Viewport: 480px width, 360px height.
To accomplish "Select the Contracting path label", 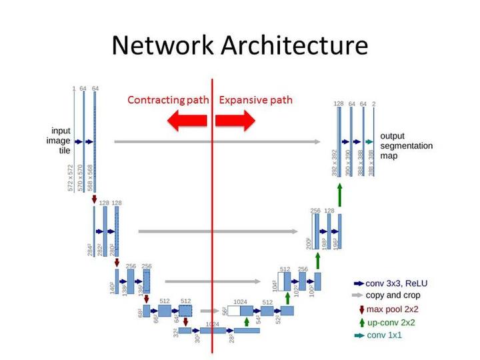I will click(x=168, y=100).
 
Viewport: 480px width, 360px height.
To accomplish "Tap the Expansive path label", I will click(x=255, y=100).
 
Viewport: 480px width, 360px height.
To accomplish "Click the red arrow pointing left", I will click(x=187, y=121).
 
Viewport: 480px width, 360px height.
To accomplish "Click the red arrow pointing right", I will click(x=235, y=121).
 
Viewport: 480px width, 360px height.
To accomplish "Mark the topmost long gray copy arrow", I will click(x=217, y=141).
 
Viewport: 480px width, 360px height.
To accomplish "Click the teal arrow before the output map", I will click(x=369, y=141).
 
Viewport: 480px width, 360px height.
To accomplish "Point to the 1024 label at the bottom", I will click(x=213, y=323).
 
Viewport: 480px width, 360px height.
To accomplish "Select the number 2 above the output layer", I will click(x=374, y=104).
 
